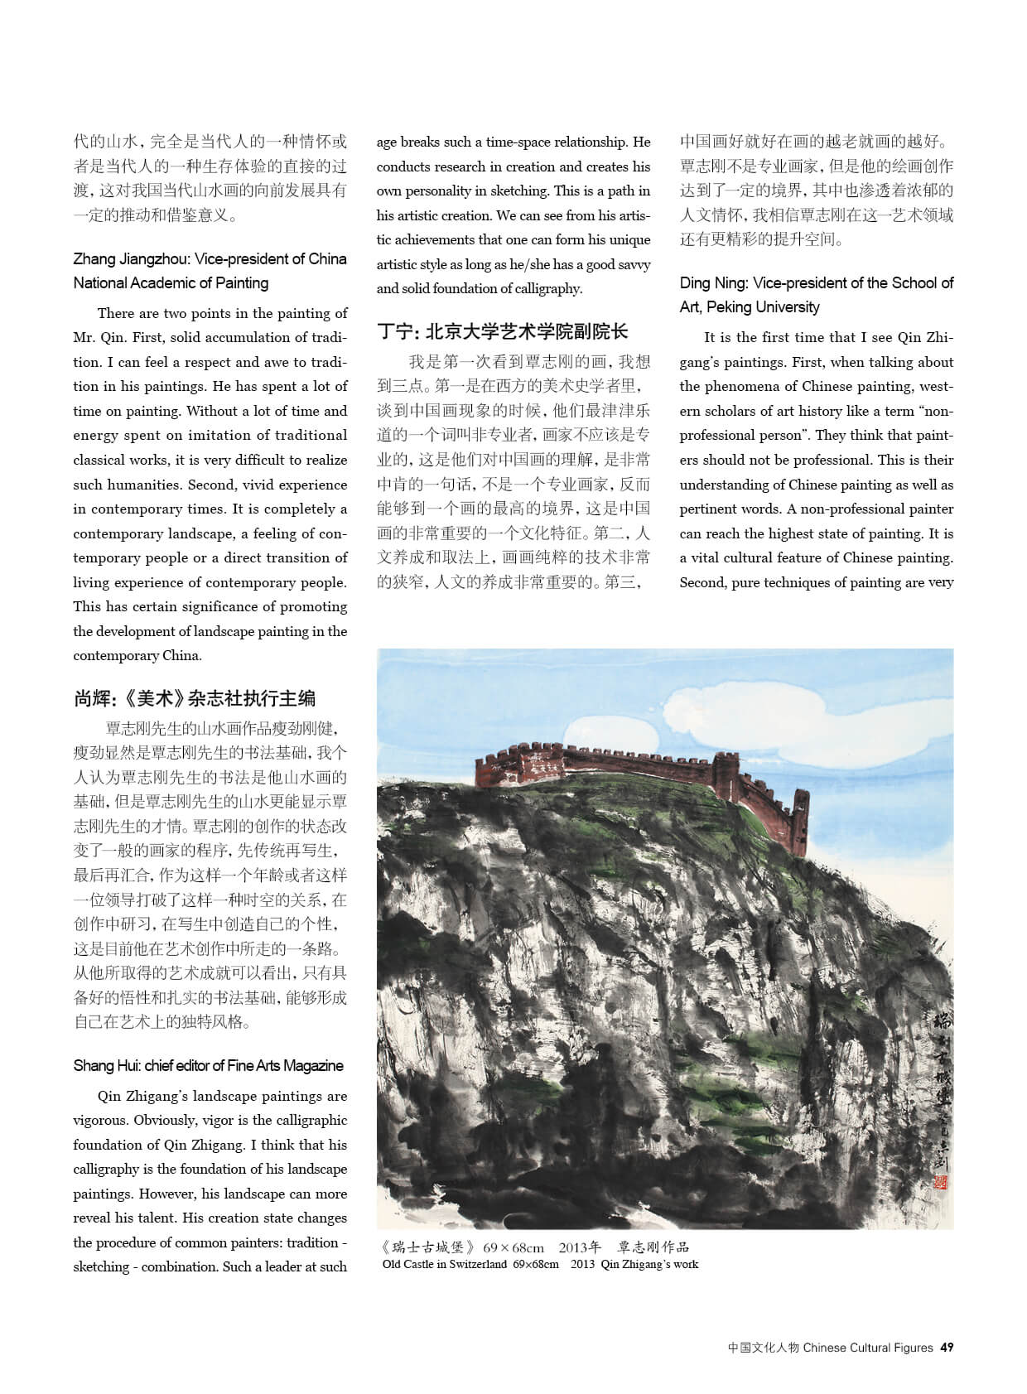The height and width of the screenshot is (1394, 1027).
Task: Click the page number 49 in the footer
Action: click(x=947, y=1348)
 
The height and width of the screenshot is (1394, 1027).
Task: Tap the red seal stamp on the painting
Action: click(x=939, y=1182)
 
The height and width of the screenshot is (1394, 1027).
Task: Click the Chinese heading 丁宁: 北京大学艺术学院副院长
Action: click(x=502, y=332)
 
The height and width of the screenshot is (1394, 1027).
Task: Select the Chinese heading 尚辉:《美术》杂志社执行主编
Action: click(x=195, y=698)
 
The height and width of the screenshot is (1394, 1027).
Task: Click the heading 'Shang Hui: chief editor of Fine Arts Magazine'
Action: click(x=208, y=1065)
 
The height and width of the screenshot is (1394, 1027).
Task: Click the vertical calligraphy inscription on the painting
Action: click(x=940, y=1085)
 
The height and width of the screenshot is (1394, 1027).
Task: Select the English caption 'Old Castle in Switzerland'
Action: click(x=445, y=1265)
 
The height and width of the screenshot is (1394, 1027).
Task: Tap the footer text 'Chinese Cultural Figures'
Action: click(x=868, y=1348)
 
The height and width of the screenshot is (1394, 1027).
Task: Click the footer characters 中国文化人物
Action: click(x=764, y=1348)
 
